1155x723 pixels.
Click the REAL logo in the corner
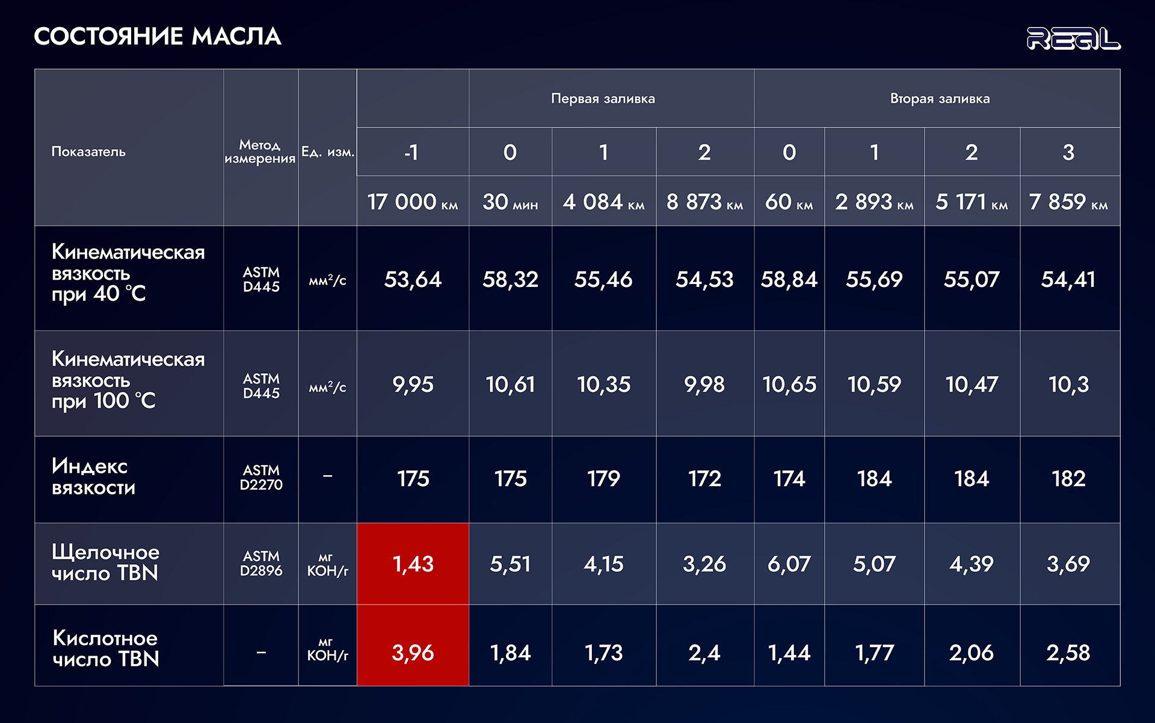pos(1073,38)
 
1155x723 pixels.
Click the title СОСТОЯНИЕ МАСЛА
pos(158,36)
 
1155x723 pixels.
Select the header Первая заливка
pos(603,99)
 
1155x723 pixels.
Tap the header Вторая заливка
pos(940,99)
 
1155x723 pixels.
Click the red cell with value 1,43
pos(413,564)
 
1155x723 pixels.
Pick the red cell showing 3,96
pos(413,653)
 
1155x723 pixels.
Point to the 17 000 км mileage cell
pos(413,202)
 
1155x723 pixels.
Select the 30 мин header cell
pos(510,202)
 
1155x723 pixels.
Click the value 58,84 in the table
pos(789,279)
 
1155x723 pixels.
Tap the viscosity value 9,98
pos(704,384)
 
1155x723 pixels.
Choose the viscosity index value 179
pos(603,479)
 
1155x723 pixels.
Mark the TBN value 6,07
pos(789,564)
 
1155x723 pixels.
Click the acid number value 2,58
pos(1068,653)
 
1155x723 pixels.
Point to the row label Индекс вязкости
pos(93,476)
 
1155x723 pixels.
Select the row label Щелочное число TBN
pos(105,562)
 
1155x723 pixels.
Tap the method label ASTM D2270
pos(261,478)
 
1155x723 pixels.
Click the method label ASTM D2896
pos(261,564)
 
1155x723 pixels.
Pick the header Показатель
pos(88,152)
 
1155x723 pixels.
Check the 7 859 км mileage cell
pos(1068,202)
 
